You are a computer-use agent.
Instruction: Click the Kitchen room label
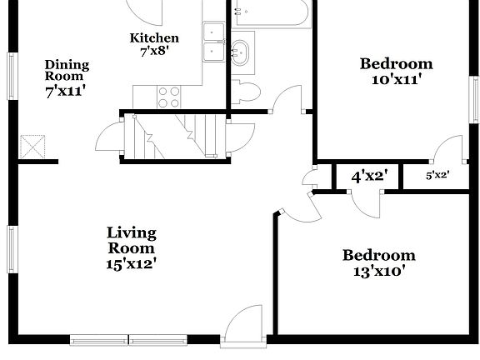coord(154,38)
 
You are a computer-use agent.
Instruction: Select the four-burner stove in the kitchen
coord(169,97)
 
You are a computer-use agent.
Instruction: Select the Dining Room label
coord(67,70)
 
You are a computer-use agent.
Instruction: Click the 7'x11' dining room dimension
coord(67,92)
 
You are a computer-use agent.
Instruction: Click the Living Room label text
coord(131,241)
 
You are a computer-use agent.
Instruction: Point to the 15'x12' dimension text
coord(131,264)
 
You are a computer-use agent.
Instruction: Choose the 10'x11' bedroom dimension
coord(396,80)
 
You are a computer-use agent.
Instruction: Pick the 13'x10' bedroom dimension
coord(379,272)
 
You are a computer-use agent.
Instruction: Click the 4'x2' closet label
coord(367,177)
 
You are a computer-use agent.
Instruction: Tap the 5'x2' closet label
coord(437,176)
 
